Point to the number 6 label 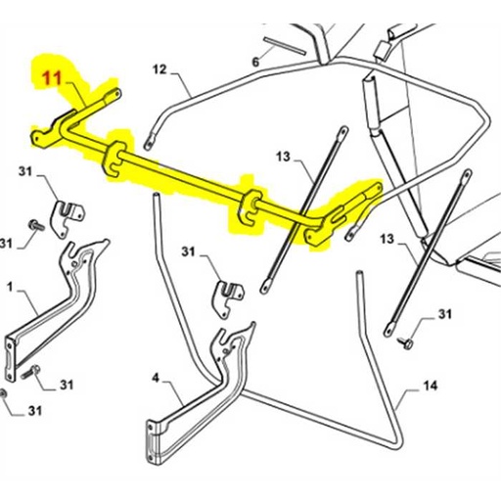[x=255, y=62]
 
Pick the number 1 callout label [x=10, y=289]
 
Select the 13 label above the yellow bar [x=284, y=157]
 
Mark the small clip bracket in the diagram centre [x=230, y=295]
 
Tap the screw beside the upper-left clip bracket [x=34, y=226]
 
